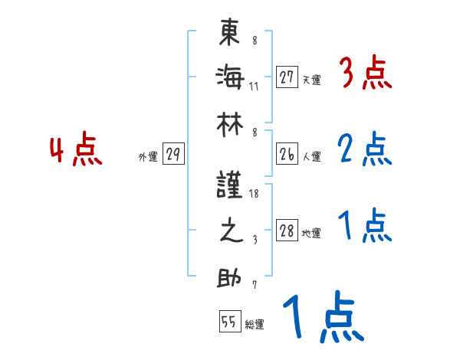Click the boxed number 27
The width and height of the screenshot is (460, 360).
[x=287, y=77]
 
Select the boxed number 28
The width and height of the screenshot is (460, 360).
[x=287, y=231]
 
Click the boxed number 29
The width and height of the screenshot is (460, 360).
[x=172, y=155]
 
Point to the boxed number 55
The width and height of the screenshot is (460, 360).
[x=228, y=322]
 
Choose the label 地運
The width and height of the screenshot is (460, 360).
[x=311, y=234]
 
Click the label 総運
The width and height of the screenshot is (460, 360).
[x=254, y=325]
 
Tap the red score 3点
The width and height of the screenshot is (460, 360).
[x=365, y=74]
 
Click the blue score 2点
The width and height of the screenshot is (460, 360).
[x=365, y=150]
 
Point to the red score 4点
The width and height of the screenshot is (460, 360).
[x=76, y=150]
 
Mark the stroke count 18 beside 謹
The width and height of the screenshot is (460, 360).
[x=255, y=195]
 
